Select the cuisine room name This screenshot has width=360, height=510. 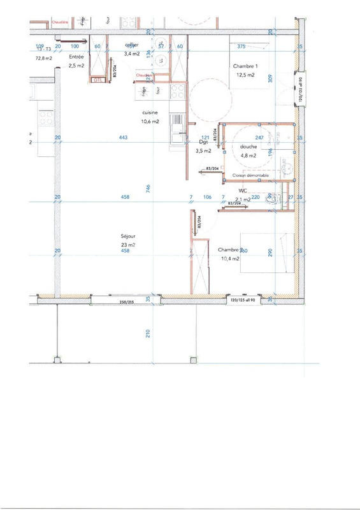point(150,113)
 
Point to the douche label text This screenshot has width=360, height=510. point(248,147)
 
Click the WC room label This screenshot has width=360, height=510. point(243,191)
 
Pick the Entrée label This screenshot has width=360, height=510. point(76,57)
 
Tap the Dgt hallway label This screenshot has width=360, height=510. point(204,143)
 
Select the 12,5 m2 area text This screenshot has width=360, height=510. point(245,75)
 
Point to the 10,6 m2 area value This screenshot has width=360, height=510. point(150,121)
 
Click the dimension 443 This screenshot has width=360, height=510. point(124,138)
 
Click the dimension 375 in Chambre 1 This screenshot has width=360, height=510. point(241,47)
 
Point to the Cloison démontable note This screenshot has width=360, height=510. point(250,175)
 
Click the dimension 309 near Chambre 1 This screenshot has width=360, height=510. point(270,79)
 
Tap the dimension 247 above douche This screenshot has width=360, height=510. point(259,138)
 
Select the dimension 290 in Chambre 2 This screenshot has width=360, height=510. point(270,252)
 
